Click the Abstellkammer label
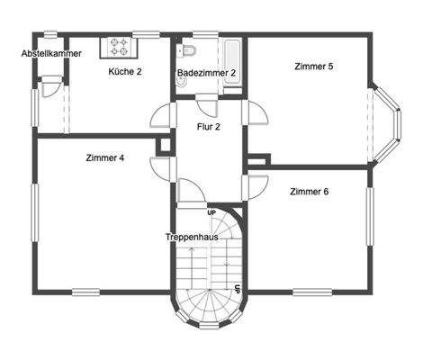pos(51,54)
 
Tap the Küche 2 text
pos(125,70)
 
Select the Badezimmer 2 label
pos(206,72)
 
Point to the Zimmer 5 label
pos(314,66)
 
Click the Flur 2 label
pos(209,126)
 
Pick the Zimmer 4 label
pos(105,158)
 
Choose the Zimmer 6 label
pos(309,191)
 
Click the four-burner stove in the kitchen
pos(120,45)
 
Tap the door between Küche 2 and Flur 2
pos(163,115)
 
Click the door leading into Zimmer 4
pos(162,169)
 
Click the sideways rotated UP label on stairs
pos(237,290)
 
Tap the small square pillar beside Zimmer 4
pos(165,146)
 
